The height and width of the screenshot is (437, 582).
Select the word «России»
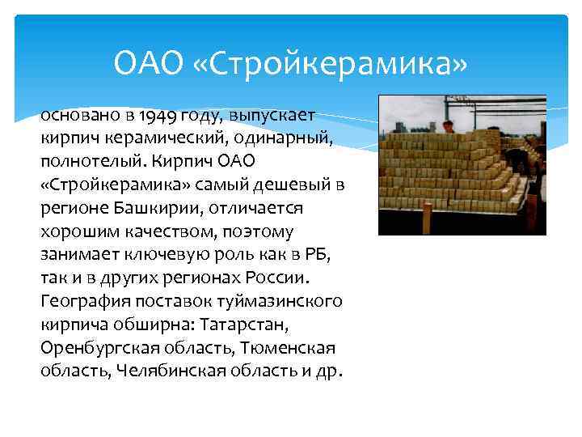(x=279, y=278)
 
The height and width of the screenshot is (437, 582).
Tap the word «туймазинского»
(x=280, y=302)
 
